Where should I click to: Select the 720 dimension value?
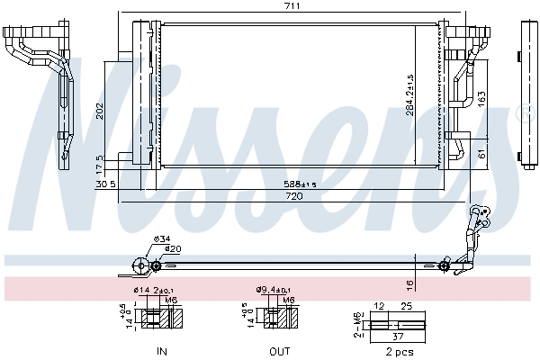293,195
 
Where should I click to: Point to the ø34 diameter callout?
162,238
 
